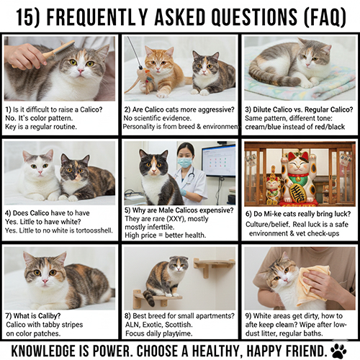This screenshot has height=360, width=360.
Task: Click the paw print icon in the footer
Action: (x=338, y=351)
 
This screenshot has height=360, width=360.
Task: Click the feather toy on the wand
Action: (x=145, y=78)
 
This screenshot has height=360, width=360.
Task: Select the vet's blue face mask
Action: (x=185, y=162)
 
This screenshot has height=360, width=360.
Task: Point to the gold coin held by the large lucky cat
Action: (x=297, y=194)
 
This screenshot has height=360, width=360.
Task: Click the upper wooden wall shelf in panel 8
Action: (x=213, y=266)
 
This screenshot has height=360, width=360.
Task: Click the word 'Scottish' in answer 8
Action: (x=182, y=325)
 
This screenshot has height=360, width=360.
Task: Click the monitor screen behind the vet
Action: (x=218, y=161)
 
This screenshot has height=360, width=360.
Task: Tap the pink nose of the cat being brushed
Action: (x=81, y=71)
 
